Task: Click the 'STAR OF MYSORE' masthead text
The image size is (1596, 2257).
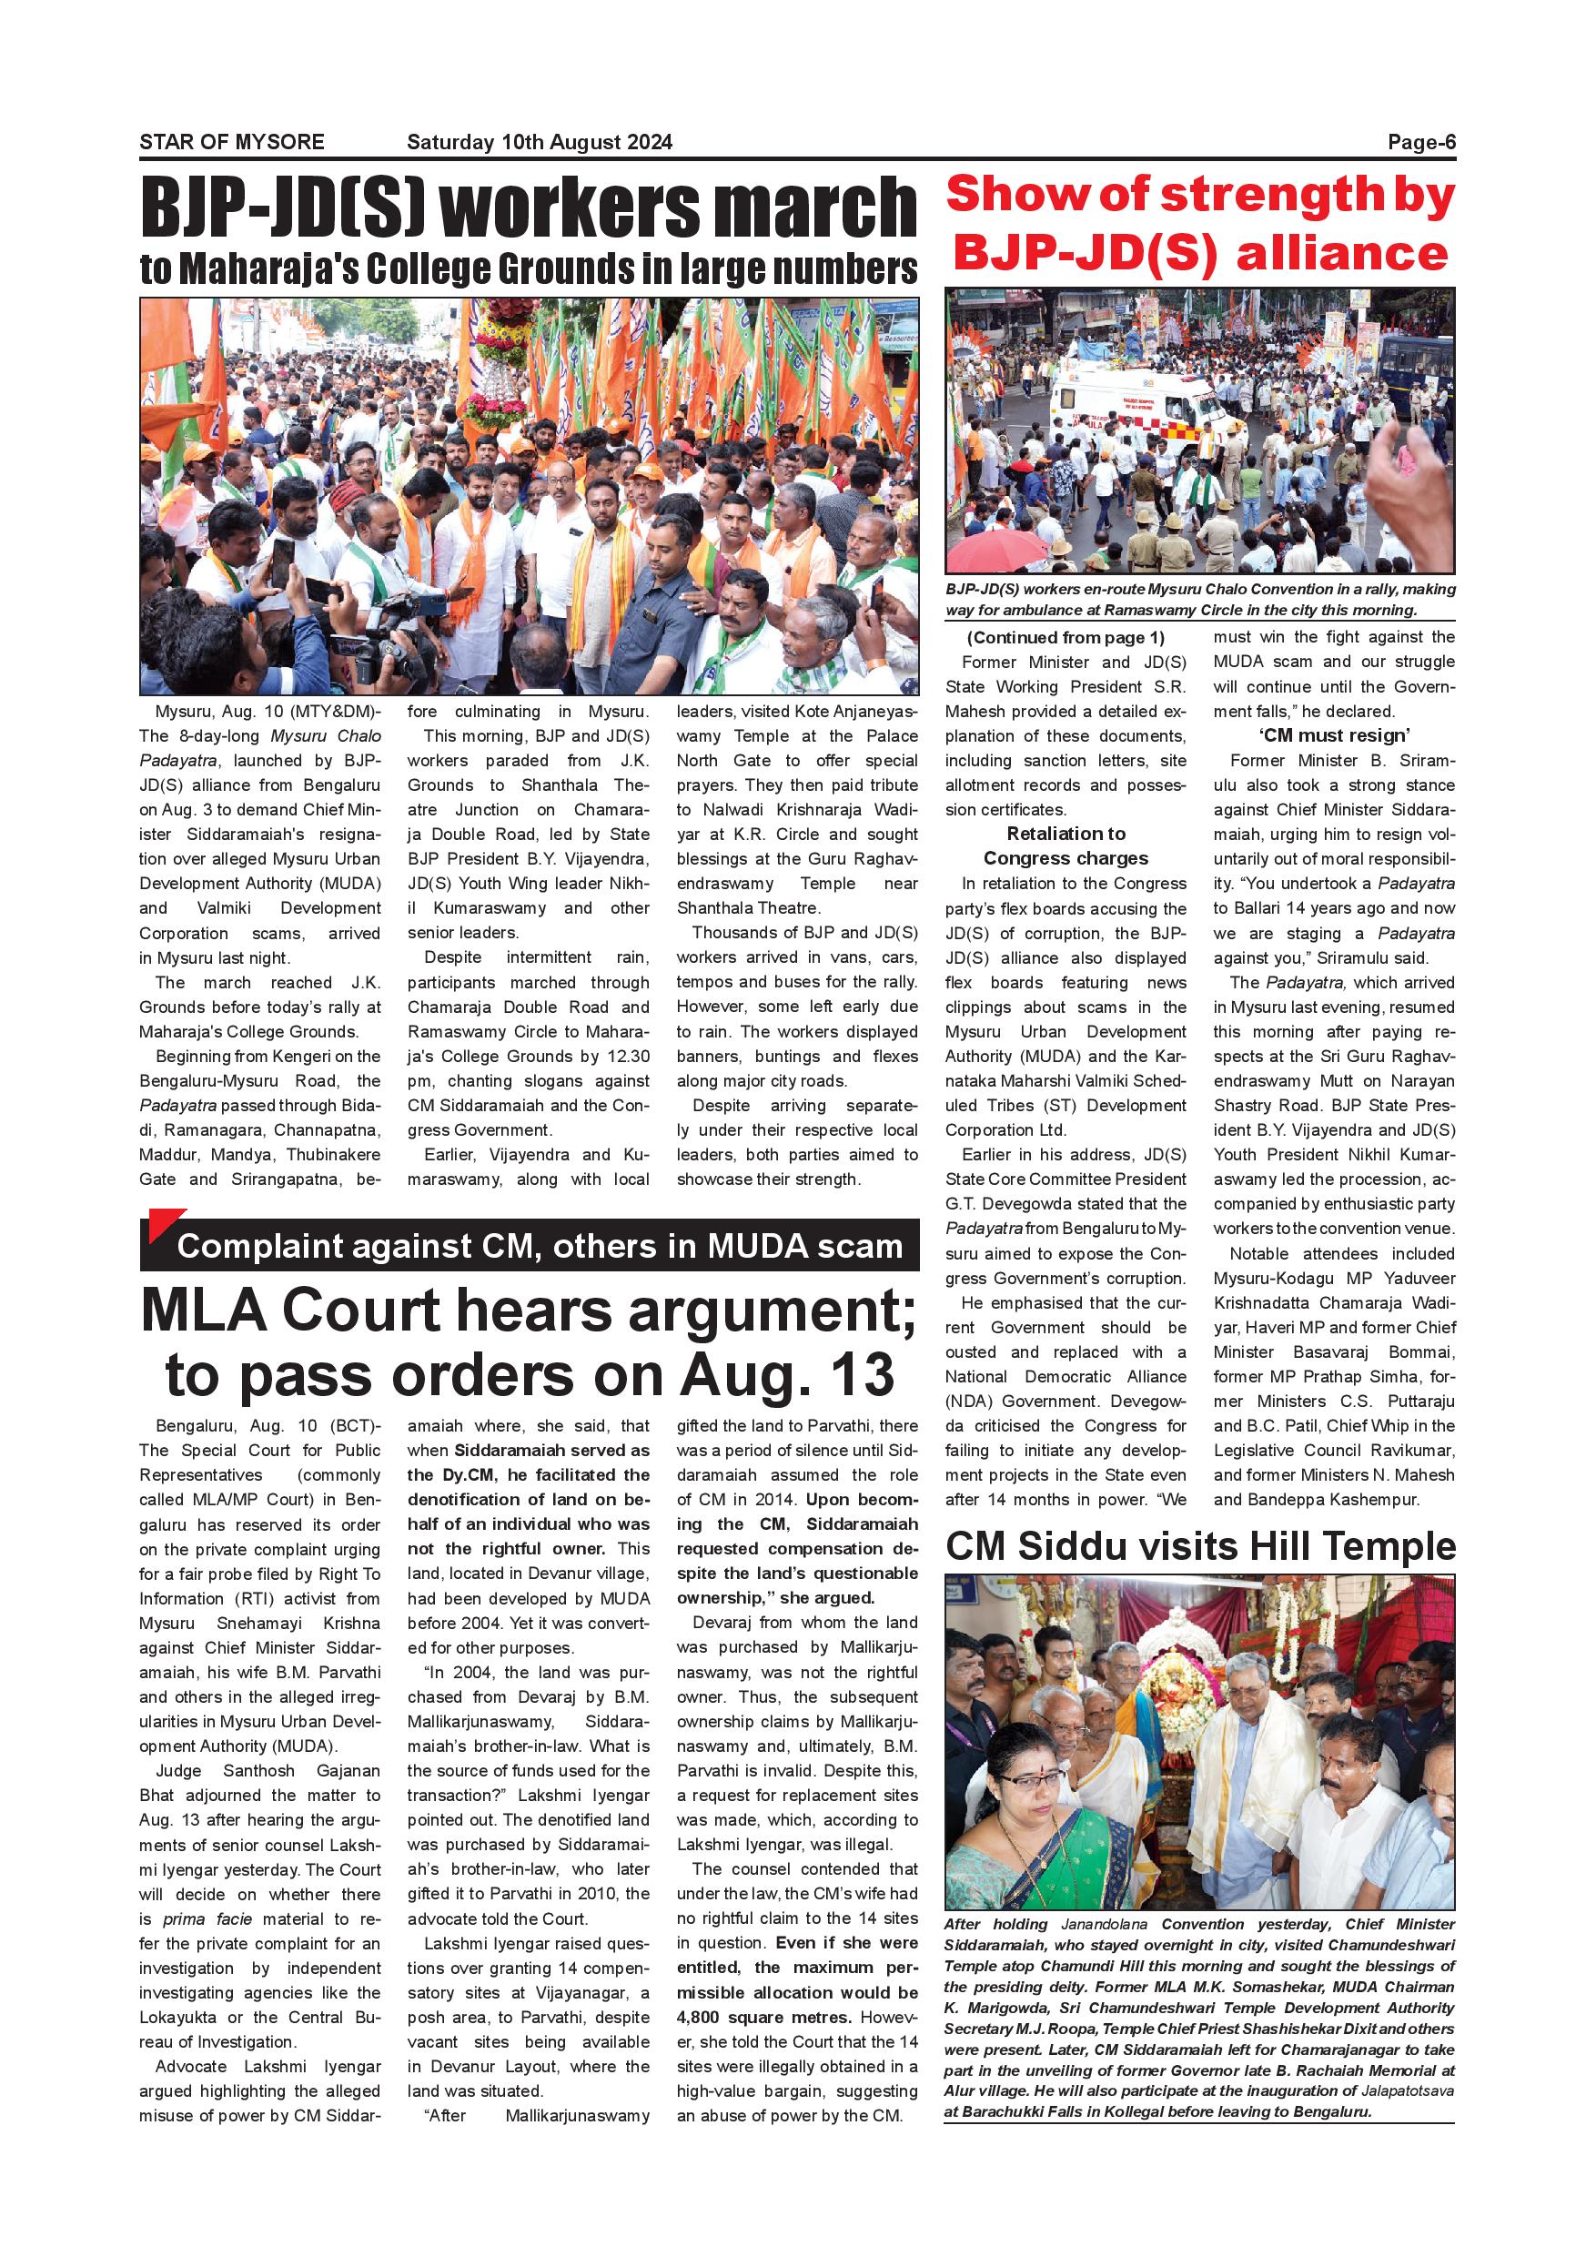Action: (x=231, y=142)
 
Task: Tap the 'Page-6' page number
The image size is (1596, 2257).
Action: (x=1420, y=142)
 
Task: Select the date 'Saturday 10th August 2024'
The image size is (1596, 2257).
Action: (x=540, y=142)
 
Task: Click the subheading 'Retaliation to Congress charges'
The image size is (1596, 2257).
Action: (x=1066, y=845)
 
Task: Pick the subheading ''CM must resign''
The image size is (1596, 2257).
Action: (x=1334, y=735)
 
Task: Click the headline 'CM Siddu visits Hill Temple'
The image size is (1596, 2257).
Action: (x=1199, y=1546)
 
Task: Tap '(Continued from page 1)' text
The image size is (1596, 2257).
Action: (x=1066, y=637)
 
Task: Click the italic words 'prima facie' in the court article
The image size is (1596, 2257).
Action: (x=207, y=1918)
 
